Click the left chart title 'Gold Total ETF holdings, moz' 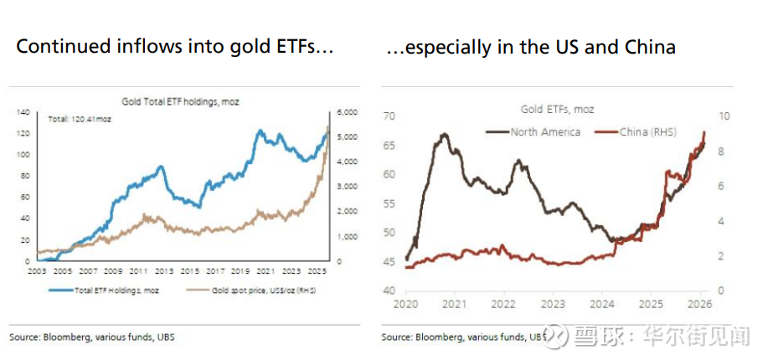181,100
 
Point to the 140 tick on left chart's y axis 23,112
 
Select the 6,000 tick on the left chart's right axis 348,112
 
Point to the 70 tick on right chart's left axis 389,116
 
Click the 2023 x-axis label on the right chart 554,303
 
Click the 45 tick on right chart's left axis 389,261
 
